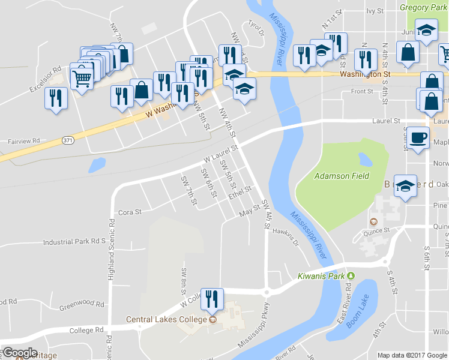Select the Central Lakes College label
click(166, 319)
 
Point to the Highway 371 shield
click(67, 140)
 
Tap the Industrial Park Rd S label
click(74, 242)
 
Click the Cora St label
click(130, 212)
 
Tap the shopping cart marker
click(82, 76)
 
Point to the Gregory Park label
click(423, 7)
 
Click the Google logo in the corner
click(19, 352)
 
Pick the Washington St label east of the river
click(365, 74)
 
